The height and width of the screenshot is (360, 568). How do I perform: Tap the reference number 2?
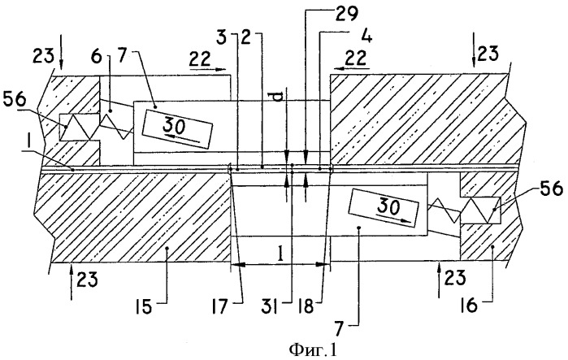point(243,37)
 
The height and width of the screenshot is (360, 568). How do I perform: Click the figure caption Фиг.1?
point(284,350)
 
